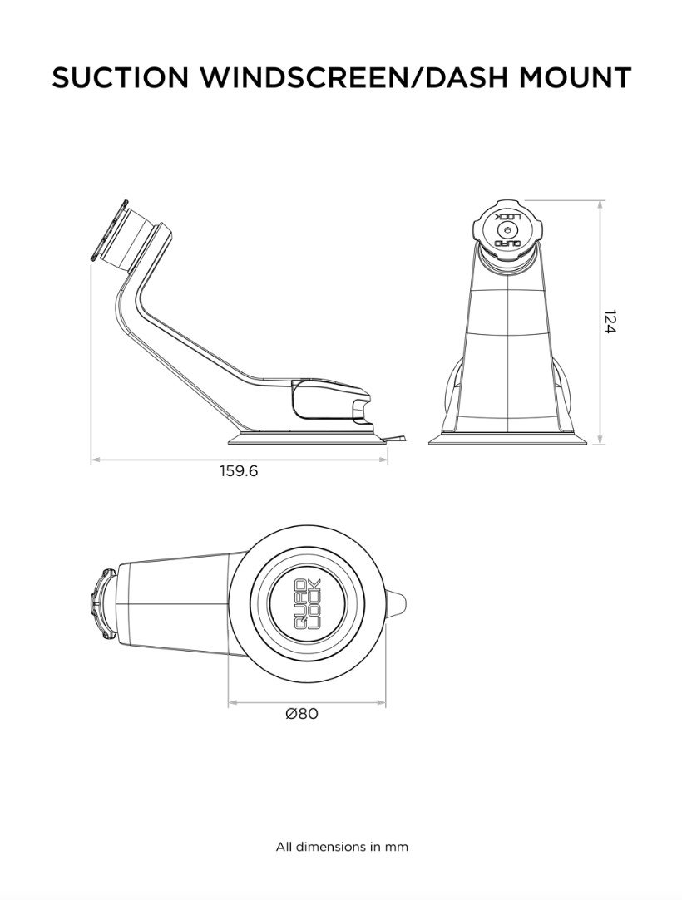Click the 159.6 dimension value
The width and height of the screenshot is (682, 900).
pos(239,471)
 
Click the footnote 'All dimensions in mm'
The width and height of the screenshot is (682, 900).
pos(342,848)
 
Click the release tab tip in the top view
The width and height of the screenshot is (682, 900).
pos(401,606)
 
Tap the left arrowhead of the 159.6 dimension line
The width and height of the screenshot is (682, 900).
pos(94,458)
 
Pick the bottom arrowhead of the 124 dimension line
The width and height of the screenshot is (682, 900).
pos(600,440)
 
